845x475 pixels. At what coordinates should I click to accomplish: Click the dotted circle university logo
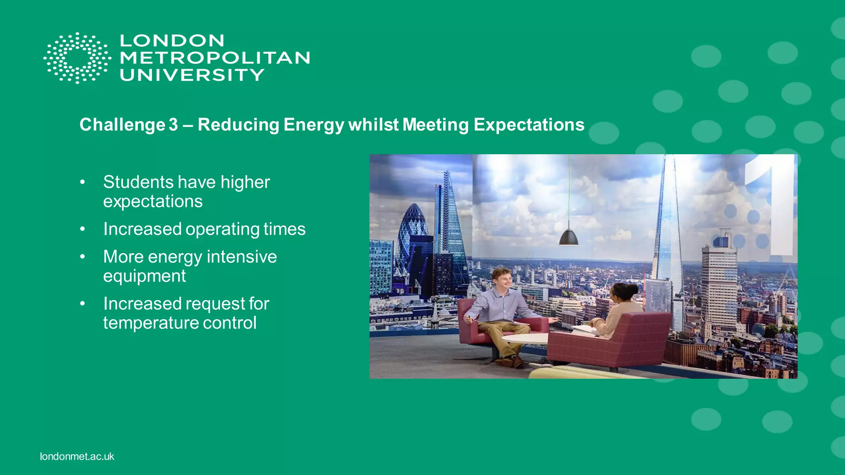(x=77, y=58)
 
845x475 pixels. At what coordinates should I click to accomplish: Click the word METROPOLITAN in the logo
(x=215, y=58)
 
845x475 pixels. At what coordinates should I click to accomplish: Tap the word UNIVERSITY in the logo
(x=192, y=75)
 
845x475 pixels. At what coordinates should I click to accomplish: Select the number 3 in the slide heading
(x=173, y=125)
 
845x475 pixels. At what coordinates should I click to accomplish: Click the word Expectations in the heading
(x=529, y=125)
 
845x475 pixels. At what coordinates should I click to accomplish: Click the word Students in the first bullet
(x=139, y=182)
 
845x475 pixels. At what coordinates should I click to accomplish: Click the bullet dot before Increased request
(x=83, y=304)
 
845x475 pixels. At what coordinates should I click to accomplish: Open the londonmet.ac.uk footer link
(x=77, y=456)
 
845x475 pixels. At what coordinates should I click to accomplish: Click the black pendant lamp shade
(x=569, y=238)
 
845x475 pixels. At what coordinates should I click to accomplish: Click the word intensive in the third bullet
(x=242, y=257)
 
